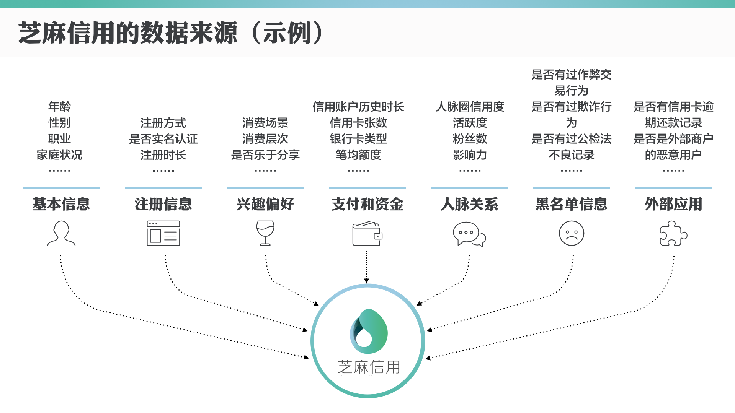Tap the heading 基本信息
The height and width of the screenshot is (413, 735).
pos(61,204)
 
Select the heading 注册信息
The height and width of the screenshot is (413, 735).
pos(163,204)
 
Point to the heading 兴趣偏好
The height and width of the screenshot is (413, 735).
pos(265,204)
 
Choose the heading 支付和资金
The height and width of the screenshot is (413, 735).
pos(367,204)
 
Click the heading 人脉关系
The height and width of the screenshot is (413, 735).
pos(469,204)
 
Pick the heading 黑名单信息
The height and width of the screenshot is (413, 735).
pos(571,204)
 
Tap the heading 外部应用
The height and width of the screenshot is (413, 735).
pos(673,204)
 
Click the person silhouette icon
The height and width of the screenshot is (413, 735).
pos(61,233)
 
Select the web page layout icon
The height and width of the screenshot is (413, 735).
pos(163,233)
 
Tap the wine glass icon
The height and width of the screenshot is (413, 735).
pos(265,233)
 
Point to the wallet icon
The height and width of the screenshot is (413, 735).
pos(367,233)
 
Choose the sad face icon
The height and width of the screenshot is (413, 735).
pos(572,233)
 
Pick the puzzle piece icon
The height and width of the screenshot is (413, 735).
pos(673,233)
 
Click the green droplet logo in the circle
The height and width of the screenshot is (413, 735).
pos(369,332)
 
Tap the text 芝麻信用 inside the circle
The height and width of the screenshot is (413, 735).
pos(369,367)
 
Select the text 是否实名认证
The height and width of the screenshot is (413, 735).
pos(163,139)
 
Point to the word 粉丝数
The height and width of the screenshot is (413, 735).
pos(470,139)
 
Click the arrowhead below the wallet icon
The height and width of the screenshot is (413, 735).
pos(367,281)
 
